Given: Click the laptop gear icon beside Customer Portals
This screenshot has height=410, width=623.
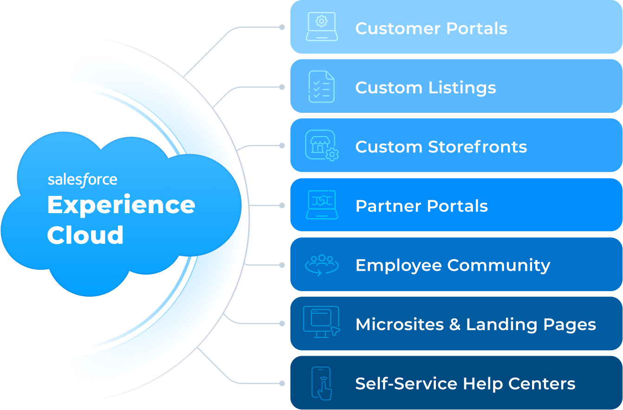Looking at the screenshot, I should coord(322,27).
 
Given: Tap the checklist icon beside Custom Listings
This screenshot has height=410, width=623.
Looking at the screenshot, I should coord(321,86).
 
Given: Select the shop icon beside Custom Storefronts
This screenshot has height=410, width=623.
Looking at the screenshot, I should coord(321,145).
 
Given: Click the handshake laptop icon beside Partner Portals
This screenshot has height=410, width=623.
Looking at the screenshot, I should coord(321,205).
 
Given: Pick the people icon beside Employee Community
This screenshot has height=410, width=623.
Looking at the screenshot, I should coord(321,265).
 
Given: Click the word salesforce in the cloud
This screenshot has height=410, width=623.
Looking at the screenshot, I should coord(83,180).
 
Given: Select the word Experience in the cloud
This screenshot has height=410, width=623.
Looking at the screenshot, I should coord(121,205).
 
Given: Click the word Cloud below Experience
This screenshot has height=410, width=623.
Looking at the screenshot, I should coord(85,235).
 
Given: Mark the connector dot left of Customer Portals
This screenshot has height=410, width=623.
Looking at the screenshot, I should coord(282,27).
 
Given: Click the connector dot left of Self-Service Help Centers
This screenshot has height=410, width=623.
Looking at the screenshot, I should coord(282,384).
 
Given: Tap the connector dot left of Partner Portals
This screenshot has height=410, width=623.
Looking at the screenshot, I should coord(282,205).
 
